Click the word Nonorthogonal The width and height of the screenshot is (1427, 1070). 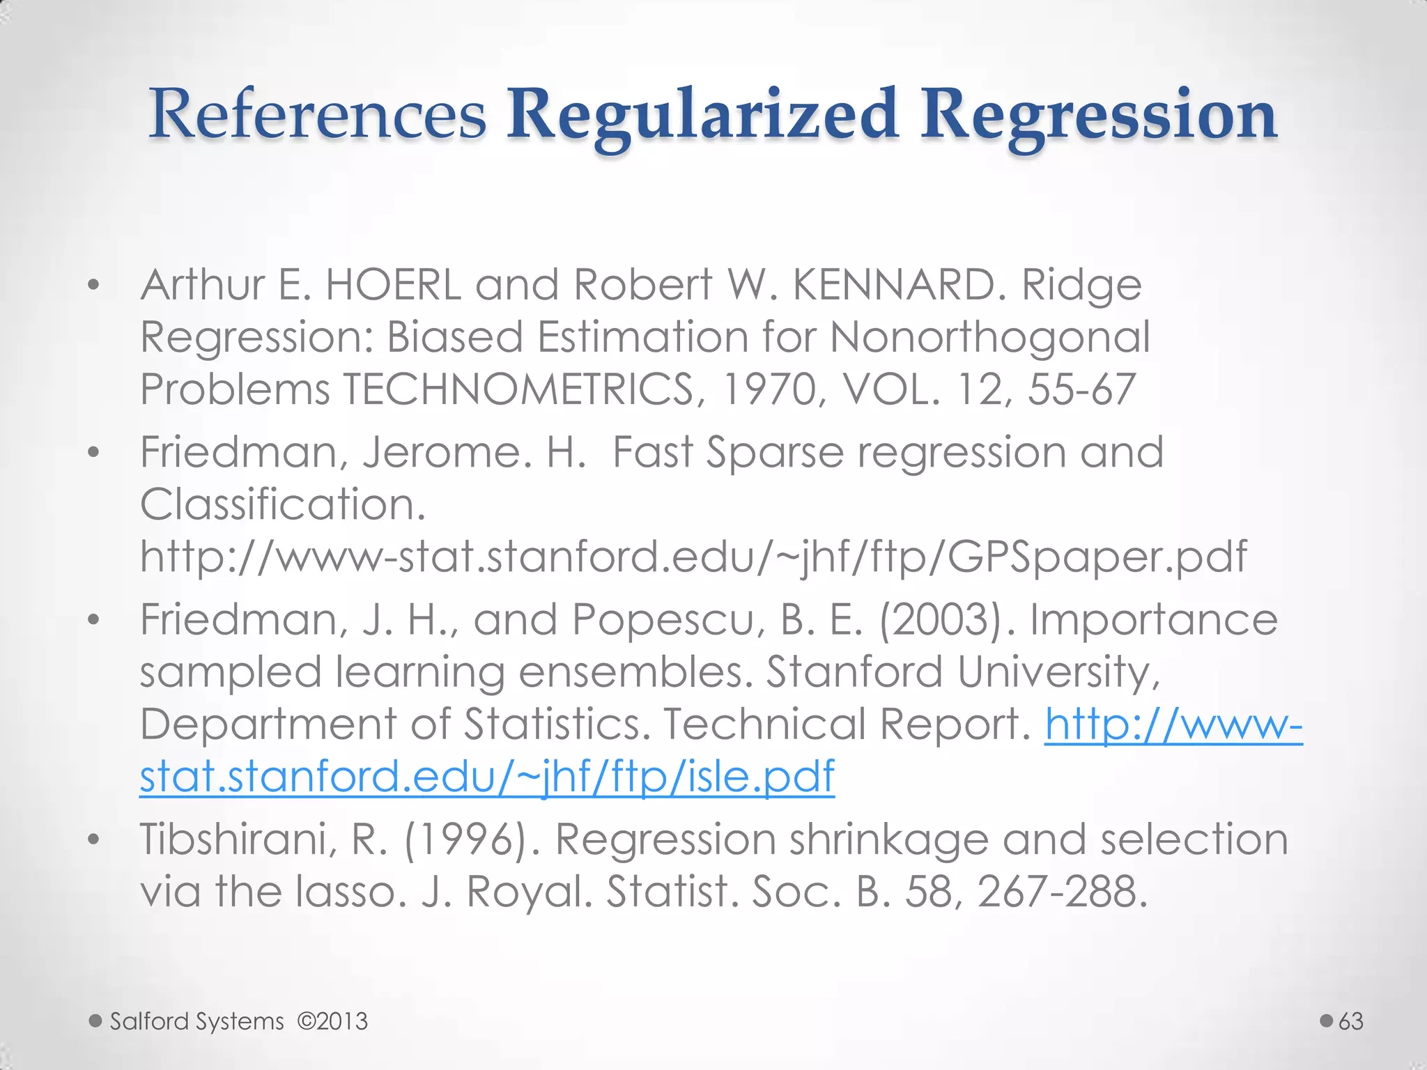coord(989,337)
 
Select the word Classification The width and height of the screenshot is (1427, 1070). coord(282,504)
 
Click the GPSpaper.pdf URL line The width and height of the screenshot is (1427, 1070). coord(693,557)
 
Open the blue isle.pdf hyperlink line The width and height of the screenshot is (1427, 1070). coord(487,776)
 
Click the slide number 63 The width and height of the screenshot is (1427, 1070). coord(1351,1021)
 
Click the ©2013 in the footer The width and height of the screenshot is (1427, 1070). coord(332,1021)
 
